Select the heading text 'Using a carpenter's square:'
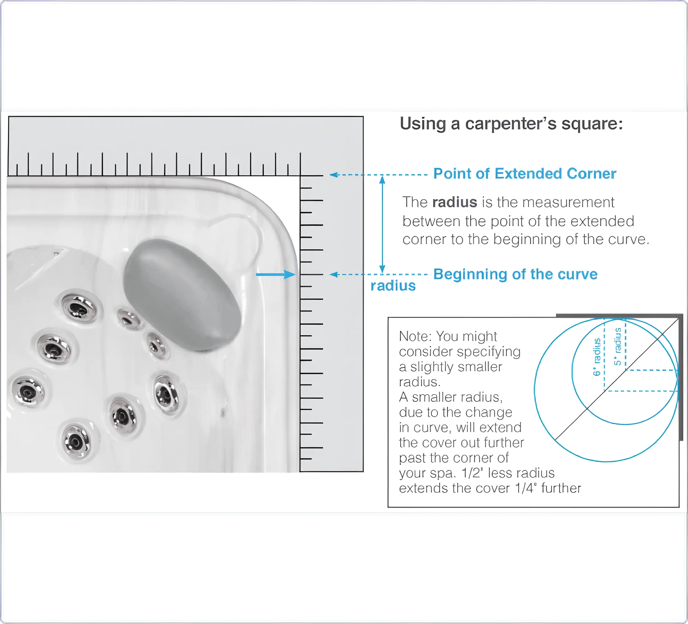point(511,124)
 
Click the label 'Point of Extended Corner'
point(525,174)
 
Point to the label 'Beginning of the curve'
point(515,274)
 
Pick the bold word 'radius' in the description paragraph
point(455,202)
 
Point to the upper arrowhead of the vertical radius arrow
point(382,179)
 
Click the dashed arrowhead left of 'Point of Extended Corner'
point(334,175)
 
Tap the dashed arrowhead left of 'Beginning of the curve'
point(334,274)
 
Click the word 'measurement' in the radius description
point(568,202)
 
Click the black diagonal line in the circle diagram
point(617,379)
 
